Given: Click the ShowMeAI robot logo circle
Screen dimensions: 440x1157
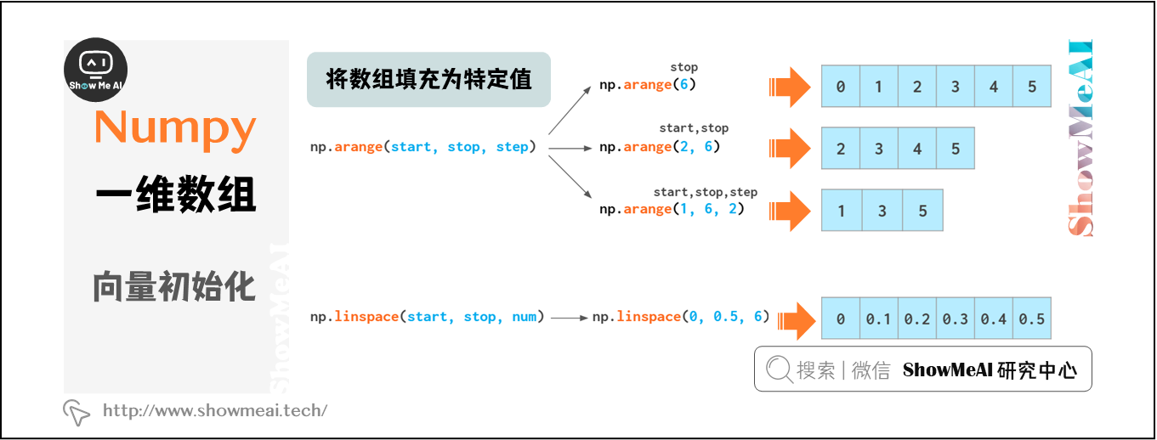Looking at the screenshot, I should click(x=96, y=71).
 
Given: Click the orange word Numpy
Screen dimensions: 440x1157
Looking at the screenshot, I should click(x=175, y=127).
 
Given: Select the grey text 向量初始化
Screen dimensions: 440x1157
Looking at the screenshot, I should click(x=174, y=287).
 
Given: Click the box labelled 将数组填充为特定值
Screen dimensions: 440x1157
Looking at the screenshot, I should click(x=428, y=80).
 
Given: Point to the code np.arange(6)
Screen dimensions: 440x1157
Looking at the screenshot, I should click(x=648, y=85).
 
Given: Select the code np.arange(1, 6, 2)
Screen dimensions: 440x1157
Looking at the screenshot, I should click(x=672, y=209).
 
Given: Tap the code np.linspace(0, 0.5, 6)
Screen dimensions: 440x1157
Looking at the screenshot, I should click(x=680, y=317).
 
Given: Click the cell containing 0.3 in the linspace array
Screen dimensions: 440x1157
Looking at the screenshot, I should click(x=955, y=319).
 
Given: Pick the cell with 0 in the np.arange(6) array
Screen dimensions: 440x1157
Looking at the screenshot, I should click(x=841, y=87).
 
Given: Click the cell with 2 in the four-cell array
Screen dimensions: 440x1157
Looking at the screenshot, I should click(x=841, y=149).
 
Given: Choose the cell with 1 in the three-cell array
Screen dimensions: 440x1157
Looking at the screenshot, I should click(x=842, y=211).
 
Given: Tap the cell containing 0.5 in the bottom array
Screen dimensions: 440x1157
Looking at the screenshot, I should click(x=1031, y=319).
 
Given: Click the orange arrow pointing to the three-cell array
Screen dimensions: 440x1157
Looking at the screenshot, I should click(x=789, y=211).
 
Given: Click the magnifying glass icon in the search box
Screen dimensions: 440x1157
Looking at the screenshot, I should click(x=778, y=369).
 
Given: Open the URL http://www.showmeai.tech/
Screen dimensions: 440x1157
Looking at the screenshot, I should click(x=215, y=411).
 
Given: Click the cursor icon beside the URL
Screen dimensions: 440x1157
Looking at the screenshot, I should click(x=77, y=412).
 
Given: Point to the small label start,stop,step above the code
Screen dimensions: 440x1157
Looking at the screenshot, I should click(x=705, y=192).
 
